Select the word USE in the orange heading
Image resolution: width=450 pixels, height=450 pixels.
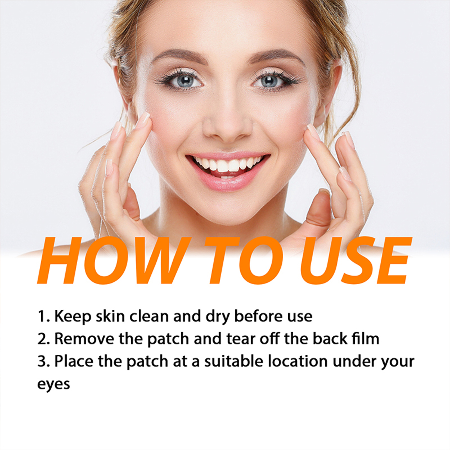click(355, 260)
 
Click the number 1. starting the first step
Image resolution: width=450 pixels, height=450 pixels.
click(44, 316)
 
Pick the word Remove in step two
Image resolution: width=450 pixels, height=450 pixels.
click(84, 339)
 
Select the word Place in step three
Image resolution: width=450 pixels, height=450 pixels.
click(74, 361)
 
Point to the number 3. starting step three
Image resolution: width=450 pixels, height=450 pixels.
click(44, 361)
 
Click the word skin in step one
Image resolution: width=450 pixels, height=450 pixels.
click(110, 316)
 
